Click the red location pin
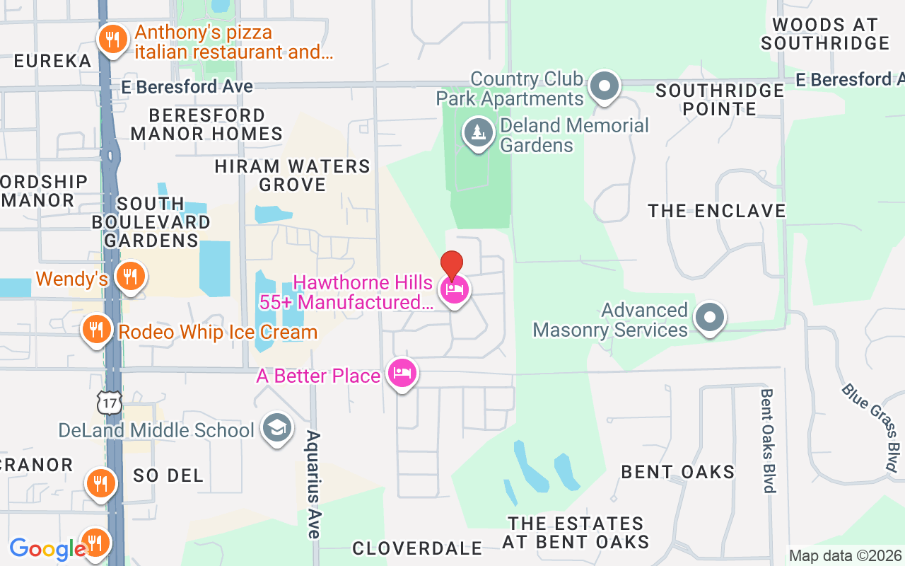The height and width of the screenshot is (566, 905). (452, 266)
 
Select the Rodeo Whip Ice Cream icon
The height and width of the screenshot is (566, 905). (95, 330)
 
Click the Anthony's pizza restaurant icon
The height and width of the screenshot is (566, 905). (112, 40)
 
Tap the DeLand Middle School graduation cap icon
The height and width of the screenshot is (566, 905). (276, 429)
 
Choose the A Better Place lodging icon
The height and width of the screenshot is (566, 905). (402, 374)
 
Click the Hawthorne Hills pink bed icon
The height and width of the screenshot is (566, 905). (454, 291)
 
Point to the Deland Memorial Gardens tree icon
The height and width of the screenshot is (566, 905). (479, 132)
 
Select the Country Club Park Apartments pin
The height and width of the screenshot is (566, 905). (604, 87)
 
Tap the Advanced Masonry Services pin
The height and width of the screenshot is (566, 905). (709, 318)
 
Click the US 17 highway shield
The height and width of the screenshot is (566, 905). (110, 403)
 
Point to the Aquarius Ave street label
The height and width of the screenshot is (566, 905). (313, 484)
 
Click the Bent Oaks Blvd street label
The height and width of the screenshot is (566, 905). (768, 439)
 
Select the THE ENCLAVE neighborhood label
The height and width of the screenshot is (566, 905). (717, 211)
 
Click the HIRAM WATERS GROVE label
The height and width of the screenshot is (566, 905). (293, 175)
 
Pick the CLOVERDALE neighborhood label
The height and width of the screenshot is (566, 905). (417, 548)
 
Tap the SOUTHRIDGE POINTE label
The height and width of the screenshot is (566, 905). (719, 100)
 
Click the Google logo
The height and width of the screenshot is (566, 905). (47, 549)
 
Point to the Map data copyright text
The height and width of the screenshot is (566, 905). (845, 556)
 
